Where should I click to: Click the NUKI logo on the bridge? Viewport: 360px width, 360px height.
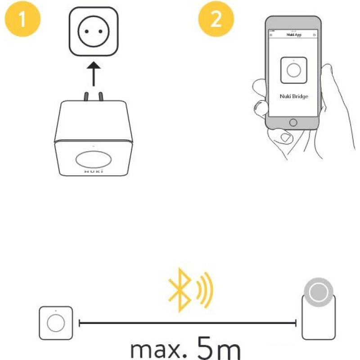[x=94, y=171]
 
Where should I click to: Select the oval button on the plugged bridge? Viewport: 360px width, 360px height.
[x=94, y=159]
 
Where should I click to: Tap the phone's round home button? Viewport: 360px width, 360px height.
[x=293, y=122]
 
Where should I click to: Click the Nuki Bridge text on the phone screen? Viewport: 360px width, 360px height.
[x=293, y=96]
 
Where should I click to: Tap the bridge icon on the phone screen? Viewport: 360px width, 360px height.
[x=293, y=70]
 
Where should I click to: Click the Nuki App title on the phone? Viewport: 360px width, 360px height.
[x=293, y=35]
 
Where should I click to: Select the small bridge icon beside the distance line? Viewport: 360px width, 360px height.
[x=55, y=323]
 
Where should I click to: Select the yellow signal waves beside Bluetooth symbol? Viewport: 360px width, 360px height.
[x=205, y=290]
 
